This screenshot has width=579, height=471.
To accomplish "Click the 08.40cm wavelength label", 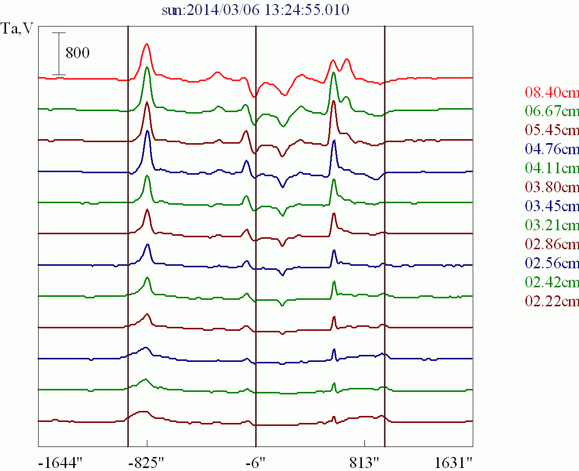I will click(552, 93).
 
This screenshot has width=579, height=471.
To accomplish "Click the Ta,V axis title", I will click(18, 29).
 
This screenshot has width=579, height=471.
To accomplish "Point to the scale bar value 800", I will click(78, 53).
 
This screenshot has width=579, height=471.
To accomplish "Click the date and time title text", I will click(256, 11).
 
